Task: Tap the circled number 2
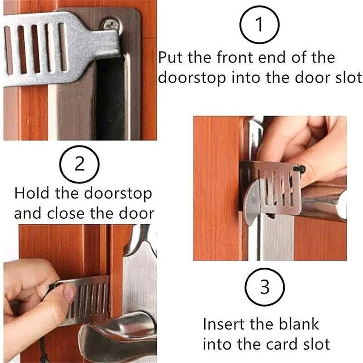point(80,166)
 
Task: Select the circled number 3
point(265,287)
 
